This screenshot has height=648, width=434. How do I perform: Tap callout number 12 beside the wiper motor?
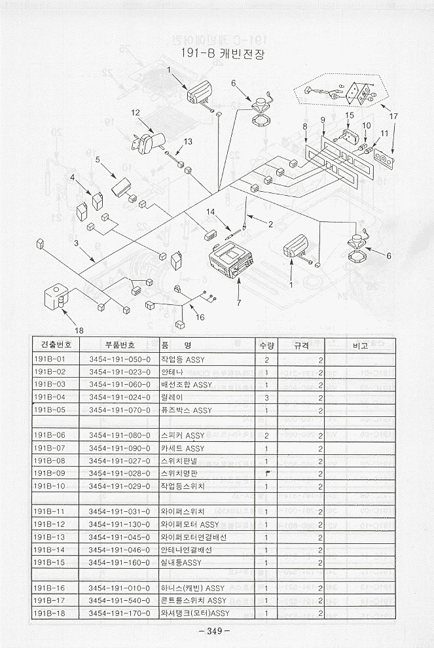(x=136, y=113)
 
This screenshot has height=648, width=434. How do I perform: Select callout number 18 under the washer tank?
(x=79, y=330)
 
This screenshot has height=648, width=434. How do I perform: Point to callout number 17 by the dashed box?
(x=393, y=116)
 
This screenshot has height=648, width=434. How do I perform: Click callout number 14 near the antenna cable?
(x=211, y=211)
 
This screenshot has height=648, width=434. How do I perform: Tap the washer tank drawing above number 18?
(x=56, y=297)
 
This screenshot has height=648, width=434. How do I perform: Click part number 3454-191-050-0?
(x=119, y=360)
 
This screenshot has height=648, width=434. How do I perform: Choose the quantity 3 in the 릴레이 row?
(x=266, y=397)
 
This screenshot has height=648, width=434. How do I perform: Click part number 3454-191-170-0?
(x=119, y=613)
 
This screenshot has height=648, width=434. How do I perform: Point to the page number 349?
(x=217, y=631)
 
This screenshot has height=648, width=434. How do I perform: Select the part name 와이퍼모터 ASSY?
(x=190, y=524)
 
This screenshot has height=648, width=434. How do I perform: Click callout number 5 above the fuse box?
(x=97, y=159)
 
